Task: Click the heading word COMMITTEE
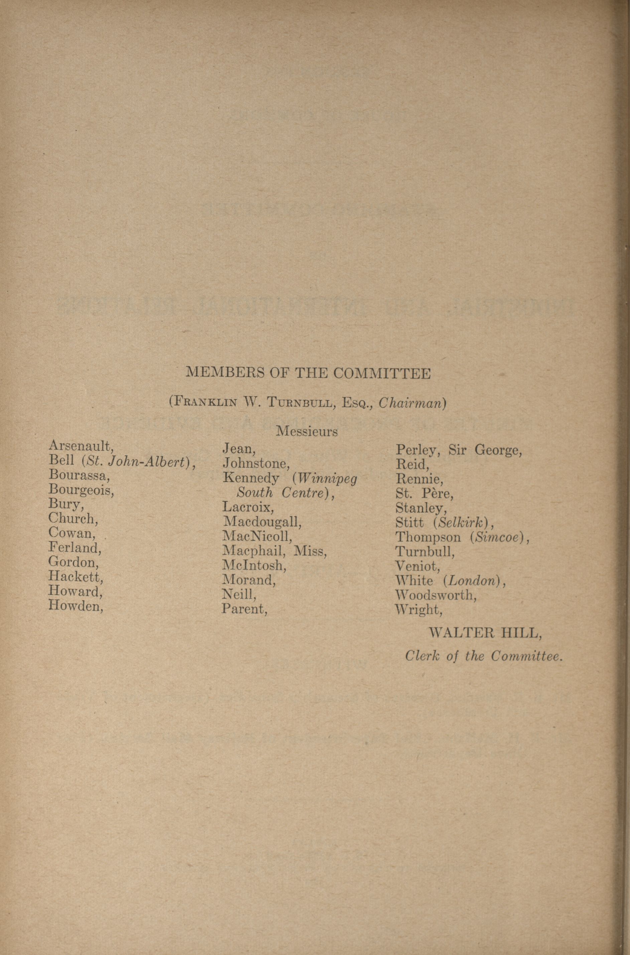[382, 374]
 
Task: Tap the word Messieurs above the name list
[307, 432]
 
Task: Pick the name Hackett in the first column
[76, 577]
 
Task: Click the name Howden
[75, 605]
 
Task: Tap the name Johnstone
[256, 464]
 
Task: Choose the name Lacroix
[248, 507]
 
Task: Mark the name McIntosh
[254, 565]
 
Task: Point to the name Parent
[244, 609]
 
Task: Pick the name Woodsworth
[435, 595]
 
